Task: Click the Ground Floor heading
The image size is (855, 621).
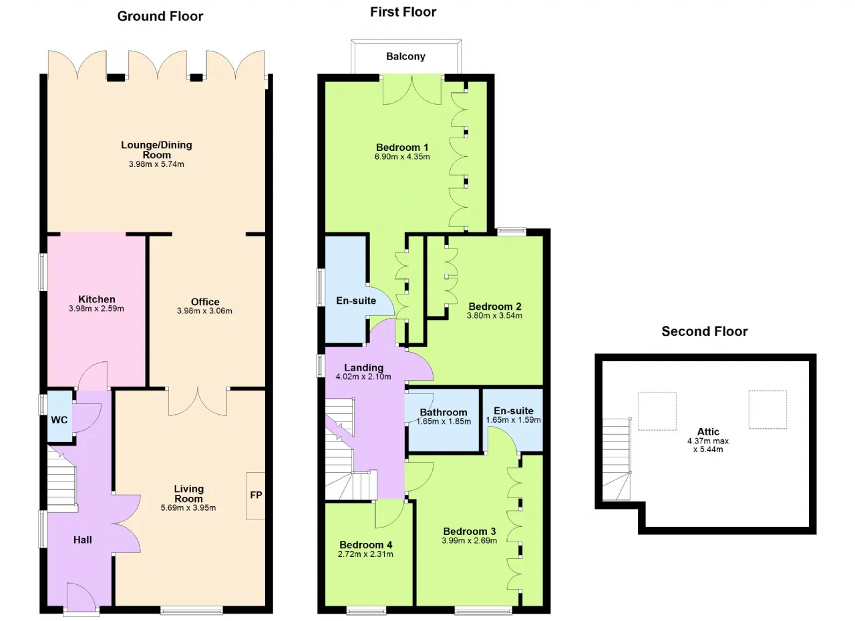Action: [160, 17]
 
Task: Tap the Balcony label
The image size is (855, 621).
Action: [405, 57]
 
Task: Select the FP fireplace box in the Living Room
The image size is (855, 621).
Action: [255, 496]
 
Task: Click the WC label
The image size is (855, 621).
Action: [59, 420]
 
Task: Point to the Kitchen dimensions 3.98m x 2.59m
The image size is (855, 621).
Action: [96, 308]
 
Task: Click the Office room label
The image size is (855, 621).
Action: [205, 302]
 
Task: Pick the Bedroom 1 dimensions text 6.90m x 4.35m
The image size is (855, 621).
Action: [402, 157]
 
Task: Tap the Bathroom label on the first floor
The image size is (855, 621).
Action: [444, 412]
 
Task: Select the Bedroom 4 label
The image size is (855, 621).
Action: [365, 545]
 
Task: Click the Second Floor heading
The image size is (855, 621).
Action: [705, 331]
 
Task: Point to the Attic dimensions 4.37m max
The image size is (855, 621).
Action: [708, 441]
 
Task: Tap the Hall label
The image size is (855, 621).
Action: [82, 540]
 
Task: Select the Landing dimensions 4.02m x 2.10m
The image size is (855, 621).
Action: [363, 377]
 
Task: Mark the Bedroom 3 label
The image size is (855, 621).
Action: [470, 532]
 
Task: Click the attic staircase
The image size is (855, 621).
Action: [616, 459]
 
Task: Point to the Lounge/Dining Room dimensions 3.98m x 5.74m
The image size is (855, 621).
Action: [156, 164]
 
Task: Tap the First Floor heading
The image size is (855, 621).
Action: [403, 12]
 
